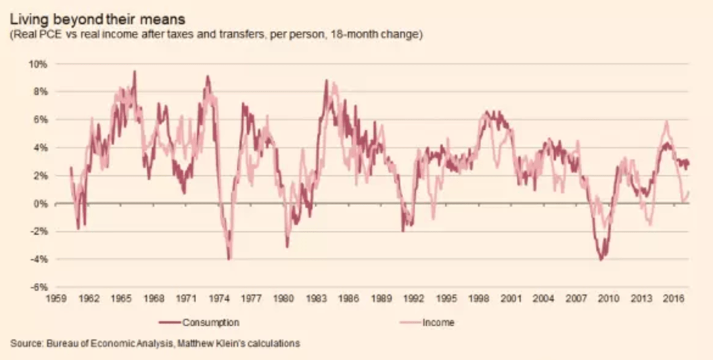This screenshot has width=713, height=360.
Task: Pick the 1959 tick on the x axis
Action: point(55,298)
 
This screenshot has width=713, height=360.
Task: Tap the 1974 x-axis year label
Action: point(218,298)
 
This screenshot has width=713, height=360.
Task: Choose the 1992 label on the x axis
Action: point(414,298)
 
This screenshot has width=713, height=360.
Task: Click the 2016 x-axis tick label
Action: point(674,298)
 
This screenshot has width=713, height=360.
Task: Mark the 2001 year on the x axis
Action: point(511,298)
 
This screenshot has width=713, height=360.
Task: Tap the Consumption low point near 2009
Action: point(601,259)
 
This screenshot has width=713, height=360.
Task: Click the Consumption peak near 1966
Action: point(134,71)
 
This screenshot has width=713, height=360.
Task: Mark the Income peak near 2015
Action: point(667,122)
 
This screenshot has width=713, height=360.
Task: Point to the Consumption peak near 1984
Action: point(326,81)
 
